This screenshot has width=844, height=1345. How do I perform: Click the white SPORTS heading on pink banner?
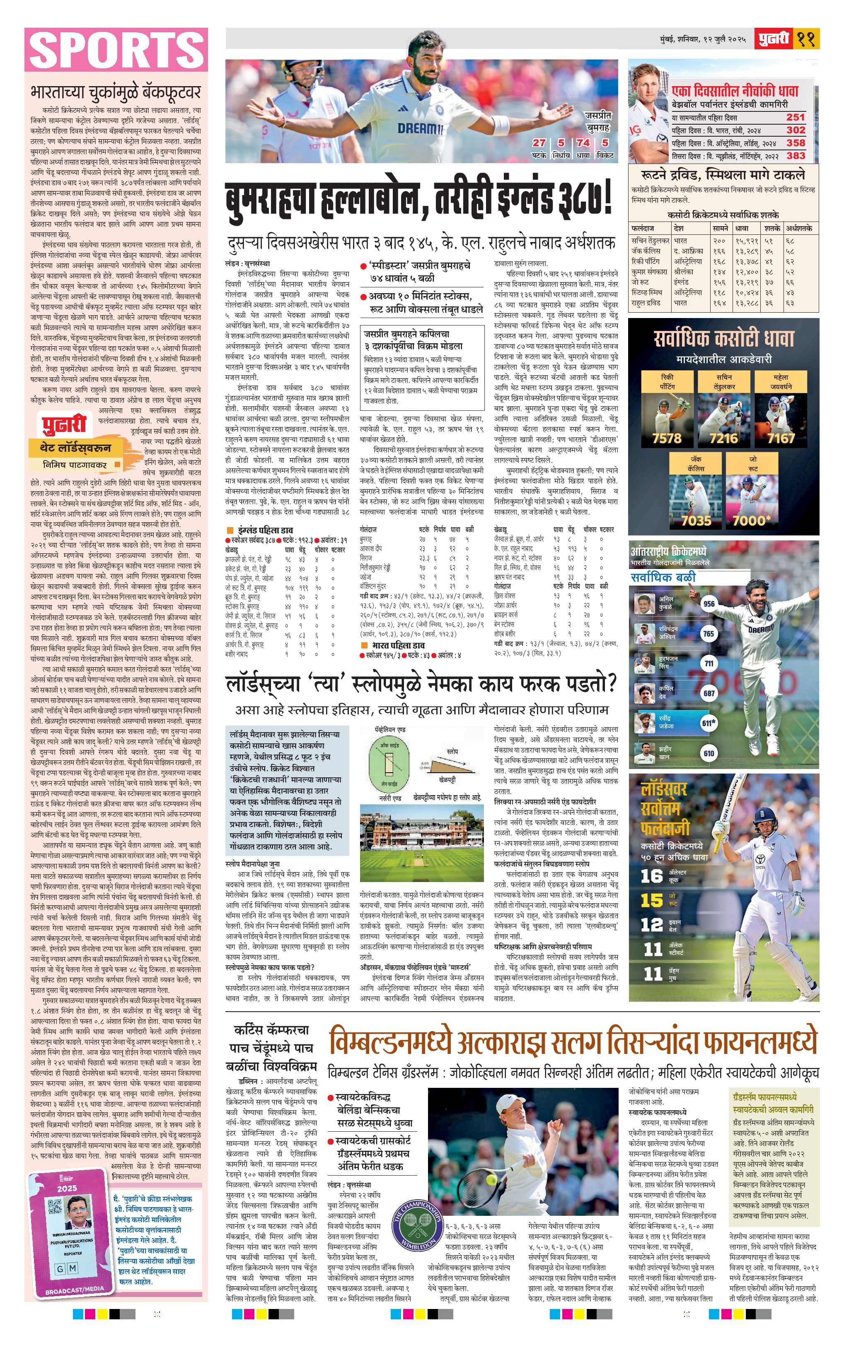click(x=116, y=50)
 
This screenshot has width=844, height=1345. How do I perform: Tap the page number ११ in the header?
click(x=806, y=39)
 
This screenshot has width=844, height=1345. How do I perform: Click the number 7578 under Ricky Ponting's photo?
click(x=667, y=439)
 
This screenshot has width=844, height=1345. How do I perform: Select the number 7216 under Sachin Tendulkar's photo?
click(x=723, y=439)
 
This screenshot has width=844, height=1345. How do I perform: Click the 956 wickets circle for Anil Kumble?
click(x=709, y=604)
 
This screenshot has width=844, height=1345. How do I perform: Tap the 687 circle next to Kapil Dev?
click(x=709, y=694)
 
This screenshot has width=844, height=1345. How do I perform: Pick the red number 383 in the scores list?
click(x=796, y=156)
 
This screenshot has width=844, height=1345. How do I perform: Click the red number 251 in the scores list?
click(x=796, y=117)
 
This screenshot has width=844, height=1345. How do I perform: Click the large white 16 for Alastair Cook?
click(x=651, y=876)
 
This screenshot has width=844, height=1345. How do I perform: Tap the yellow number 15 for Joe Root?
click(x=651, y=900)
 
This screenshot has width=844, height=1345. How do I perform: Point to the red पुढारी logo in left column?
click(x=65, y=424)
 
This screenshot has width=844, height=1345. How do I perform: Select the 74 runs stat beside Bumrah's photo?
click(x=583, y=143)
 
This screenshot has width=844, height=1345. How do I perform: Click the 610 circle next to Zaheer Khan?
click(x=709, y=753)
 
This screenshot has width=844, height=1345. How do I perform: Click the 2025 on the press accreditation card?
click(x=67, y=1189)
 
